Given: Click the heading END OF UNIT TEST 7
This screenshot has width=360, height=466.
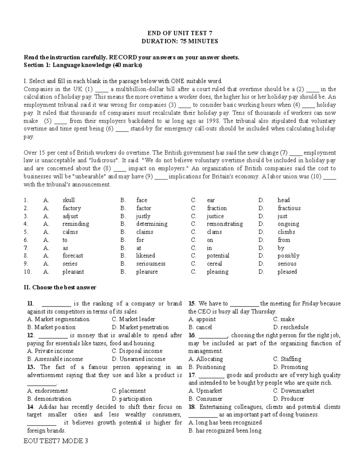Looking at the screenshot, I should tap(180, 33).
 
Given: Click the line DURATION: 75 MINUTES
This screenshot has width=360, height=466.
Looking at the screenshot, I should tap(180, 41).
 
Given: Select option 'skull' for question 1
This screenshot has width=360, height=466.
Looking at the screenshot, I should tap(68, 200).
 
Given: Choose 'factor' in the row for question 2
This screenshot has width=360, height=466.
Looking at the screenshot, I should tap(143, 208).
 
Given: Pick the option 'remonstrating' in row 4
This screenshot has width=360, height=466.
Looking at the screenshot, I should tap(225, 224).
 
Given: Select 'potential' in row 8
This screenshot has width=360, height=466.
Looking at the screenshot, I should tap(218, 256).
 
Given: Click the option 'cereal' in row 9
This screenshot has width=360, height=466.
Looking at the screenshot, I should tap(214, 264).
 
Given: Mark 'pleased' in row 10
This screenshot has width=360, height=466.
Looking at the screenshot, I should tap(287, 272).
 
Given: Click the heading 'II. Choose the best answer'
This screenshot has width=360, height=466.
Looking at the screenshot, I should tap(60, 287).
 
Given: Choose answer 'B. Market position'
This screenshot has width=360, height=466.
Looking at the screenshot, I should tap(51, 327).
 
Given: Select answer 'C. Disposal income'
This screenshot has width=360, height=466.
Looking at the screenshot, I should tap(137, 351).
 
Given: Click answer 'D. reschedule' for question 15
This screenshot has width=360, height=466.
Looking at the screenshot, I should tap(291, 327).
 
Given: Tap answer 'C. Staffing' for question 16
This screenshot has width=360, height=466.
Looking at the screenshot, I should tap(287, 359).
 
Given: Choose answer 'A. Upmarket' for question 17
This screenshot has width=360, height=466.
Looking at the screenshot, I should tap(205, 391).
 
